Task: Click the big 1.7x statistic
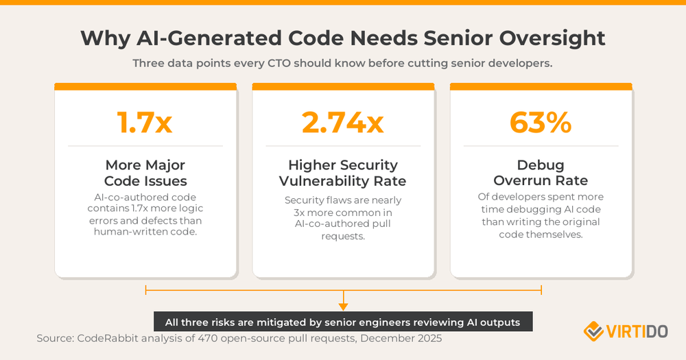point(145,122)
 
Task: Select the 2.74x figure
point(342,122)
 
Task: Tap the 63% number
point(541,122)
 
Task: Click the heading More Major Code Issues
point(145,173)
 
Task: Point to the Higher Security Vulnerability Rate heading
point(343,173)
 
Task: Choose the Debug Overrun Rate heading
point(541,173)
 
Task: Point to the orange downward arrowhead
point(343,307)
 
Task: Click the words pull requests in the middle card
point(343,229)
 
